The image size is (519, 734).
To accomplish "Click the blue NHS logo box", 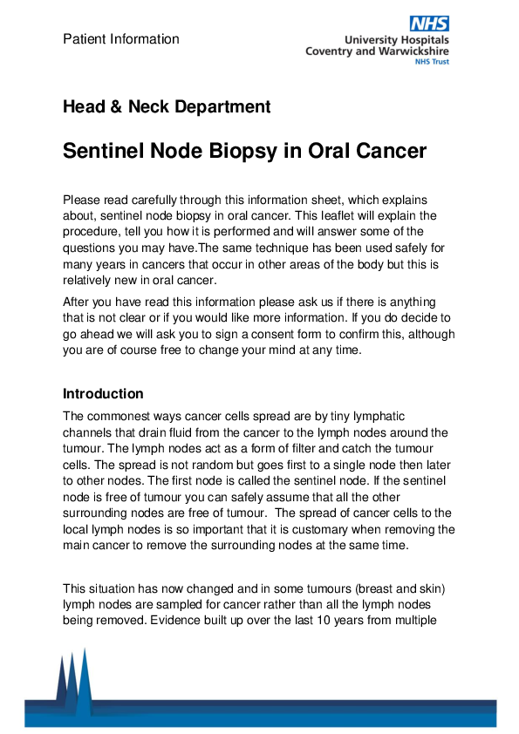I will [x=429, y=24].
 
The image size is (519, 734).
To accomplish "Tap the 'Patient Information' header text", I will [x=121, y=39].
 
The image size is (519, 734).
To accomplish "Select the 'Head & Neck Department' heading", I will [x=167, y=107].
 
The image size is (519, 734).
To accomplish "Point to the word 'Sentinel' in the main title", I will [x=105, y=151].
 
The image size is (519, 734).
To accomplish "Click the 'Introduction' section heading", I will [x=103, y=394].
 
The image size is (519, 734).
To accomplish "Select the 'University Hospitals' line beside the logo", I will [x=397, y=40].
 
